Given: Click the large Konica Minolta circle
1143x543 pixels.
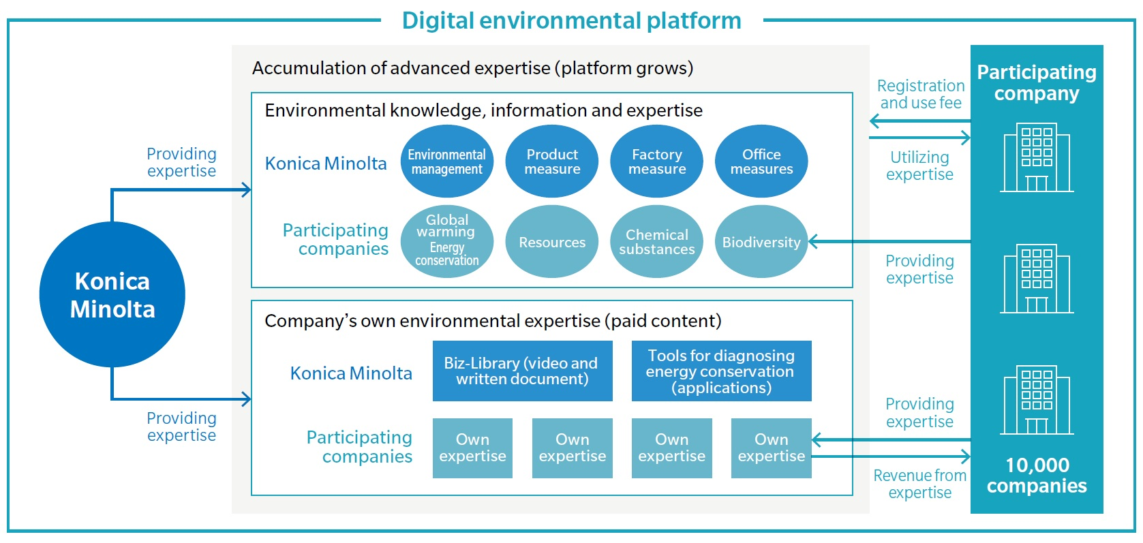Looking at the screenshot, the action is pyautogui.click(x=112, y=294).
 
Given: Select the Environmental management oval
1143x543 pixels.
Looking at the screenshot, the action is pyautogui.click(x=446, y=161).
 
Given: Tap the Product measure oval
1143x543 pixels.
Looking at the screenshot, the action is pyautogui.click(x=551, y=161).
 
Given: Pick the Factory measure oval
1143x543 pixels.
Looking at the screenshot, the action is pyautogui.click(x=657, y=161).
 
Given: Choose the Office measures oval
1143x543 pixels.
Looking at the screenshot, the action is pyautogui.click(x=761, y=161).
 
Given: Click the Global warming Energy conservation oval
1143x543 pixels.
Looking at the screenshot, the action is pyautogui.click(x=446, y=241).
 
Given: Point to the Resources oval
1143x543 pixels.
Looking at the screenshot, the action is pyautogui.click(x=551, y=241).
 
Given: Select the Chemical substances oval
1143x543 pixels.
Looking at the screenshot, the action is pyautogui.click(x=657, y=241).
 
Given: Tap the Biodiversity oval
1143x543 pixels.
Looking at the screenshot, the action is pyautogui.click(x=761, y=241).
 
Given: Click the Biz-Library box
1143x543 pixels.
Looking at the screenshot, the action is pyautogui.click(x=523, y=371).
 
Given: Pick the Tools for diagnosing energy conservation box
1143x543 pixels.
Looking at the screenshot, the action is pyautogui.click(x=722, y=371).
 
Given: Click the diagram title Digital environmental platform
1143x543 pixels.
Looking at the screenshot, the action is pyautogui.click(x=571, y=21).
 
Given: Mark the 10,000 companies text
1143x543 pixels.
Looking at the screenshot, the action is pyautogui.click(x=1037, y=475).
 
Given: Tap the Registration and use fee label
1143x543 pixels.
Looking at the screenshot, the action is pyautogui.click(x=921, y=94).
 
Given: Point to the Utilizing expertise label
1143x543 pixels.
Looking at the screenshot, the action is pyautogui.click(x=919, y=166).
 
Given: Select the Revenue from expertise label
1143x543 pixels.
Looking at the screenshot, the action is pyautogui.click(x=920, y=483).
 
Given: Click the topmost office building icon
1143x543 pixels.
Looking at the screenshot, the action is pyautogui.click(x=1037, y=157).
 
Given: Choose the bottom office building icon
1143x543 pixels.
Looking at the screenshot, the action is pyautogui.click(x=1037, y=400).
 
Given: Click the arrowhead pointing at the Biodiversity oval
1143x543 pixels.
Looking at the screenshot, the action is pyautogui.click(x=813, y=241).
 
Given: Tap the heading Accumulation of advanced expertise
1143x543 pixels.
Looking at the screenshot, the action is pyautogui.click(x=472, y=68).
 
